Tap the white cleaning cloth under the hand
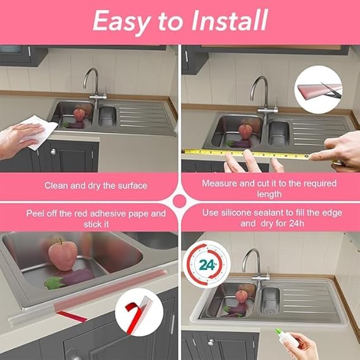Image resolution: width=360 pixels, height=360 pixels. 39,133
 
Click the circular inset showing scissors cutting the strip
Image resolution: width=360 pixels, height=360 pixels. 318,90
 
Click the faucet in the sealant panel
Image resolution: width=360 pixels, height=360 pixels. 256,264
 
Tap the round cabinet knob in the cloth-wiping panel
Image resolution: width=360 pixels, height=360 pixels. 53,152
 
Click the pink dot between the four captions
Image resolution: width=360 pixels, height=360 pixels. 179,201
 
